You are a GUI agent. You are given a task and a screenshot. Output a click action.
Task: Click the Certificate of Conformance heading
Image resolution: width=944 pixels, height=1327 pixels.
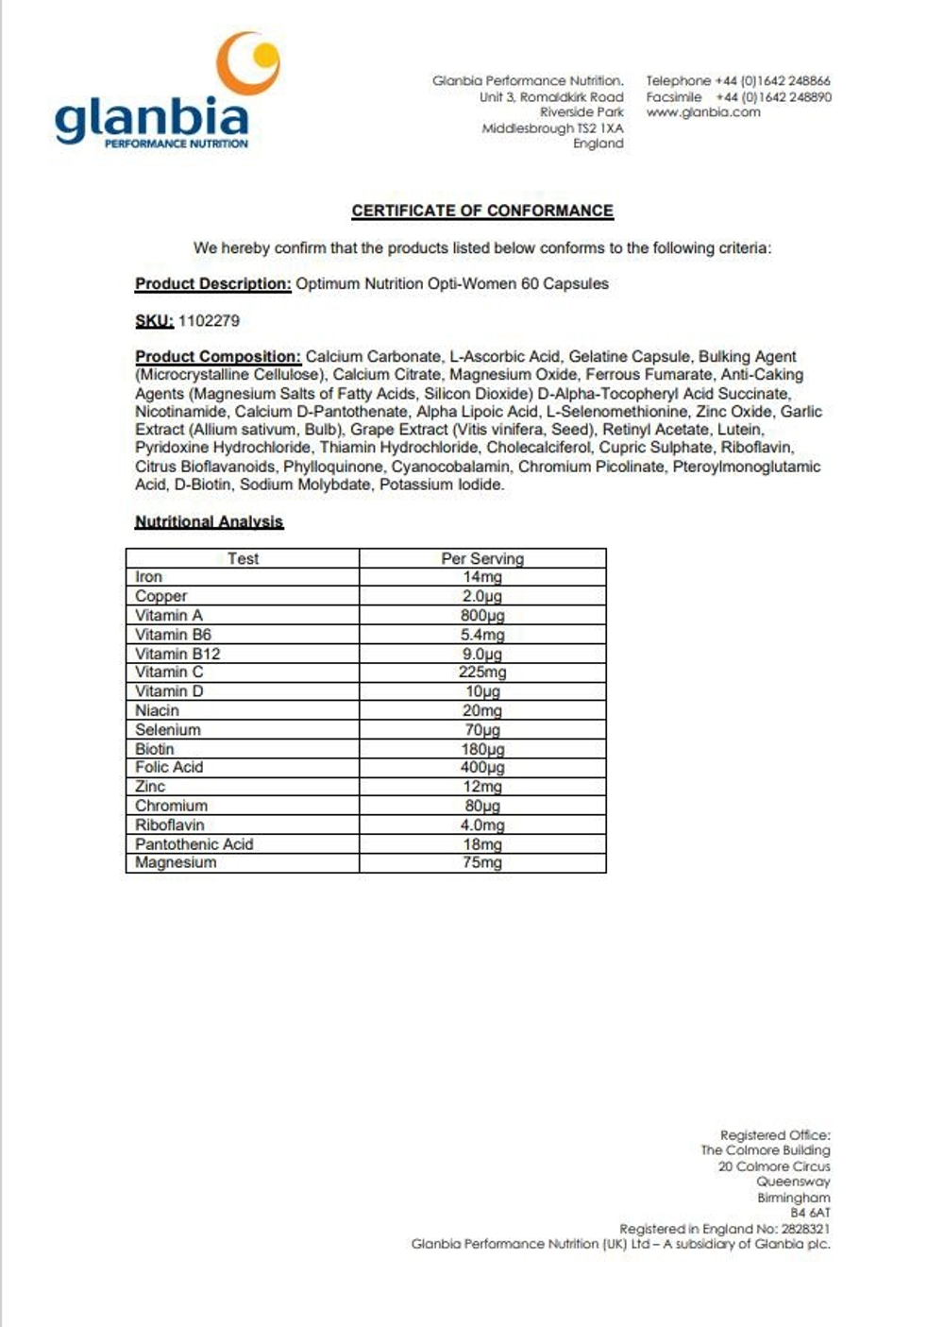tap(482, 211)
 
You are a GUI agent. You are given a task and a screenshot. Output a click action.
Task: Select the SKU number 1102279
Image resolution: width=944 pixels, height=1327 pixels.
tap(209, 321)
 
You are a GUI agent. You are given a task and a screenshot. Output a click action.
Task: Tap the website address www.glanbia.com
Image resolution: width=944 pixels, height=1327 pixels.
tap(703, 112)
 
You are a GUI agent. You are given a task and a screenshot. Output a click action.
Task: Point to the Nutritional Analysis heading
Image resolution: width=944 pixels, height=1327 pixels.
tap(209, 521)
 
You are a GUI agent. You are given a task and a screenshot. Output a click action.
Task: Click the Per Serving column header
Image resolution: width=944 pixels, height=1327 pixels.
tap(482, 558)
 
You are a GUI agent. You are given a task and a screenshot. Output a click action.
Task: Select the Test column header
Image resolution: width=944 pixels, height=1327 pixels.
tap(243, 558)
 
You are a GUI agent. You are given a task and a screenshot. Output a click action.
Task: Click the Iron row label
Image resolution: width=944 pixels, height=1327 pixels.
tap(149, 577)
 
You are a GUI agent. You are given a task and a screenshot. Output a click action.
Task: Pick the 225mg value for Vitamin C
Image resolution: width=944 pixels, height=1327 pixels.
tap(482, 672)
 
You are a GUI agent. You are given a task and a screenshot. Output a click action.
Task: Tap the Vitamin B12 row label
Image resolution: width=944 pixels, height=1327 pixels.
tap(177, 654)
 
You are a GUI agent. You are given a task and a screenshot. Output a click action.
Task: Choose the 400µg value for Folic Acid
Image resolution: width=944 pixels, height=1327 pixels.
tap(482, 768)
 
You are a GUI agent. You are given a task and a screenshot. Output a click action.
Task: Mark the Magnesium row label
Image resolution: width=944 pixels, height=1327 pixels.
tap(176, 862)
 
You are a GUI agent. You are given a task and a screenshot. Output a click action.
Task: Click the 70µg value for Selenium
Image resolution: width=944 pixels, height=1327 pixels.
tap(482, 730)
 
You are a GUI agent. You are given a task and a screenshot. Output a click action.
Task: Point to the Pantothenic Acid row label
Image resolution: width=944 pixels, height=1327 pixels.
tap(194, 844)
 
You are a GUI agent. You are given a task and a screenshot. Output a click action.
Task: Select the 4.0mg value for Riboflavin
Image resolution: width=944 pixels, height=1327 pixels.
tap(482, 825)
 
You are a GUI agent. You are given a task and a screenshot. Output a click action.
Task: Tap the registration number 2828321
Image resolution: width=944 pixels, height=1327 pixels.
tap(805, 1229)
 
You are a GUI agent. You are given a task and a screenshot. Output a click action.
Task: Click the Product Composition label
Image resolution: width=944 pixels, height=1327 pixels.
tap(218, 357)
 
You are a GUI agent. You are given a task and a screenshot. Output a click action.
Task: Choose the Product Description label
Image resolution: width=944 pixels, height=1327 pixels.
tap(212, 283)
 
